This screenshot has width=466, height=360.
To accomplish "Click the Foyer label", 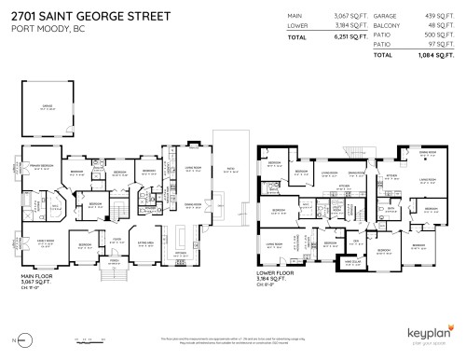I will point(118,239).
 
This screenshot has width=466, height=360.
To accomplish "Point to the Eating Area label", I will point(146,244).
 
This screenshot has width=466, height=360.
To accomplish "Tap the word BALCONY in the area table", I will point(383,27).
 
